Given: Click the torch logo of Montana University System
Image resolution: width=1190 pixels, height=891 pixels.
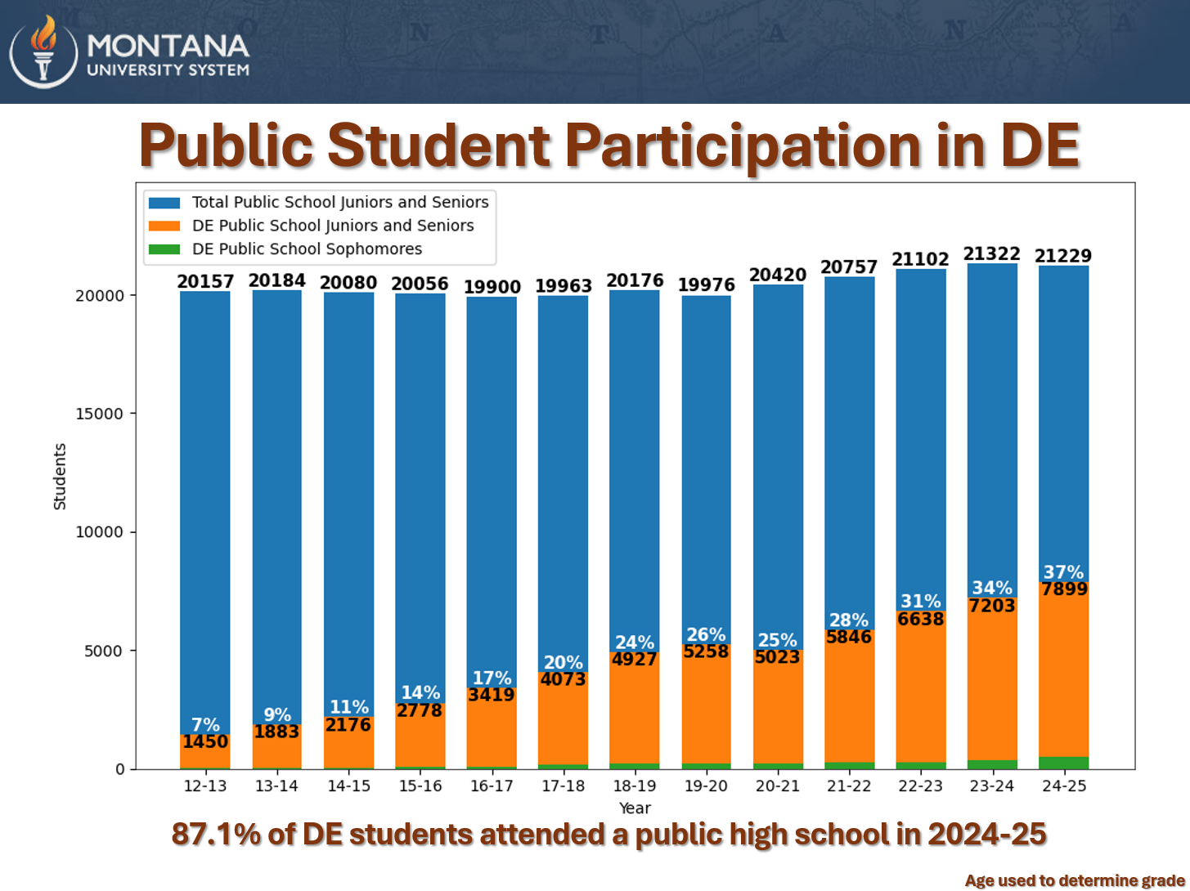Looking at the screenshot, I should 43,51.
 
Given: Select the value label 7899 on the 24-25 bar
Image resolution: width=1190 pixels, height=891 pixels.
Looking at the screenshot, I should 1063,589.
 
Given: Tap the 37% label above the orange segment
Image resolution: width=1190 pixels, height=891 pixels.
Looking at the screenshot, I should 1063,571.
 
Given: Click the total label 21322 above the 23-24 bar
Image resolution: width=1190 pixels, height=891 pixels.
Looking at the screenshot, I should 991,254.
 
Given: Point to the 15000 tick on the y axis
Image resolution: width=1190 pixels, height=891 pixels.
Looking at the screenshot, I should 99,414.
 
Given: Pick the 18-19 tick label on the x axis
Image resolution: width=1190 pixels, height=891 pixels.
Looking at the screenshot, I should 635,786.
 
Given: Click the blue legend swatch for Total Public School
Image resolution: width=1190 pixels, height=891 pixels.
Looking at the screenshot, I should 164,203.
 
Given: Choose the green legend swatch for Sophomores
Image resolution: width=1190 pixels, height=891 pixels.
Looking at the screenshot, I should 164,249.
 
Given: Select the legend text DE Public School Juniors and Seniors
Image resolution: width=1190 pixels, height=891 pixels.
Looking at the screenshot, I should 333,226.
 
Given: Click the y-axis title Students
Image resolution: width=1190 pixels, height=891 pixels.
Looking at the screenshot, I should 60,477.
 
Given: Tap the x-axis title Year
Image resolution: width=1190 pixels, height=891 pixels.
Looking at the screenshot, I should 635,808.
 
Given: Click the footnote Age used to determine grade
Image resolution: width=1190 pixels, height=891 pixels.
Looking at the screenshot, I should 1075,880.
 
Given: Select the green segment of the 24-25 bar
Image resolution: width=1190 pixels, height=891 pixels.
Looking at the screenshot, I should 1063,763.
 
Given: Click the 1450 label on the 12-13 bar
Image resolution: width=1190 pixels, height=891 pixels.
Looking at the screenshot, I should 205,741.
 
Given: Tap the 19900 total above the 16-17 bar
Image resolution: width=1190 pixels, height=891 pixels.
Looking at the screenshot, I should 492,287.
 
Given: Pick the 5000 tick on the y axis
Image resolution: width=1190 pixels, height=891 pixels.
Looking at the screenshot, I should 103,651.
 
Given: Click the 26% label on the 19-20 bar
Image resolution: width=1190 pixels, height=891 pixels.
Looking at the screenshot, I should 706,634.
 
